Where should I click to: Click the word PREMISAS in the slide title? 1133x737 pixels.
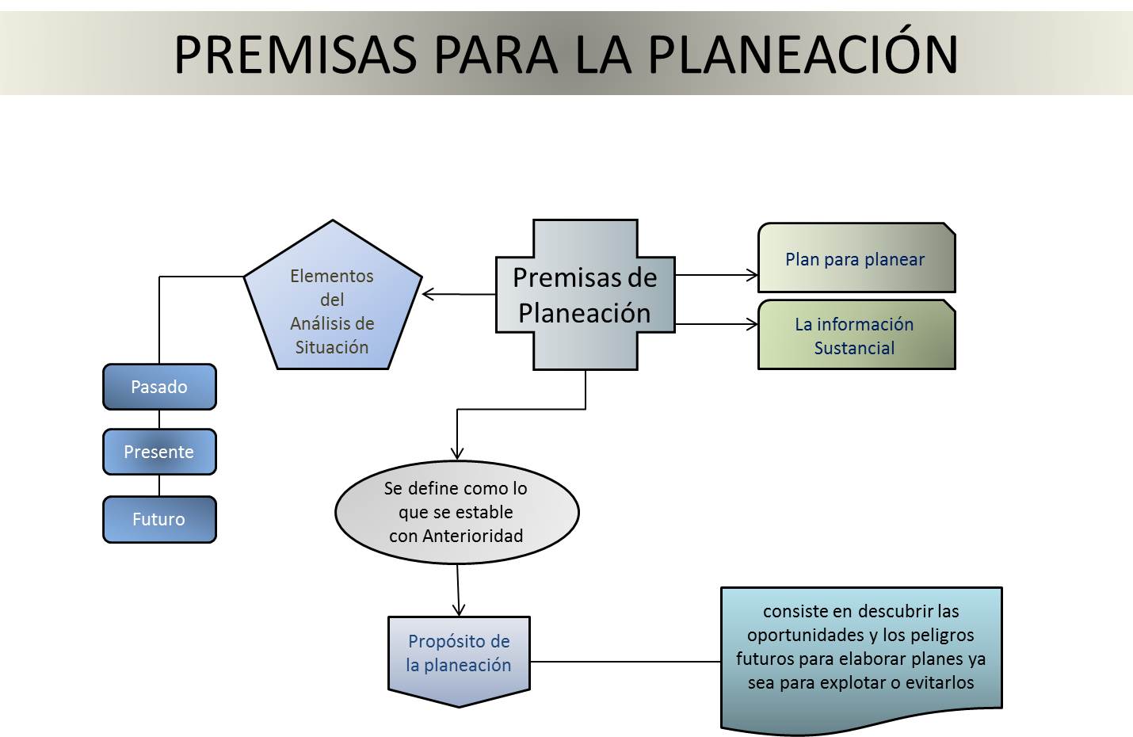pyautogui.click(x=295, y=54)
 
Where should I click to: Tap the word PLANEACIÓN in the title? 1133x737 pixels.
pyautogui.click(x=803, y=54)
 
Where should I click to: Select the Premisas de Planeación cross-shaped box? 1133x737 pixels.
pyautogui.click(x=586, y=295)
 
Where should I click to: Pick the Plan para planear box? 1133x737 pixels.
pyautogui.click(x=856, y=258)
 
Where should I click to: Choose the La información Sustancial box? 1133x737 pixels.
pyautogui.click(x=856, y=335)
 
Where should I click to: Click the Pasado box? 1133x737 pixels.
pyautogui.click(x=159, y=387)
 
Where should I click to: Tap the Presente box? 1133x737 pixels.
pyautogui.click(x=159, y=452)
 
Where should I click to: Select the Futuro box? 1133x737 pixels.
pyautogui.click(x=159, y=519)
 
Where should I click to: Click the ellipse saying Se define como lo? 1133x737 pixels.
pyautogui.click(x=456, y=512)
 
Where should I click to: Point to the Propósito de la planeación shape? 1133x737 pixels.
pyautogui.click(x=459, y=656)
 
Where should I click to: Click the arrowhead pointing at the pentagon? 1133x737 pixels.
pyautogui.click(x=429, y=294)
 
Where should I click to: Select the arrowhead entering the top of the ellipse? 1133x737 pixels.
pyautogui.click(x=457, y=454)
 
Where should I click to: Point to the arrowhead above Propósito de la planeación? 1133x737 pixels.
pyautogui.click(x=459, y=609)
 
